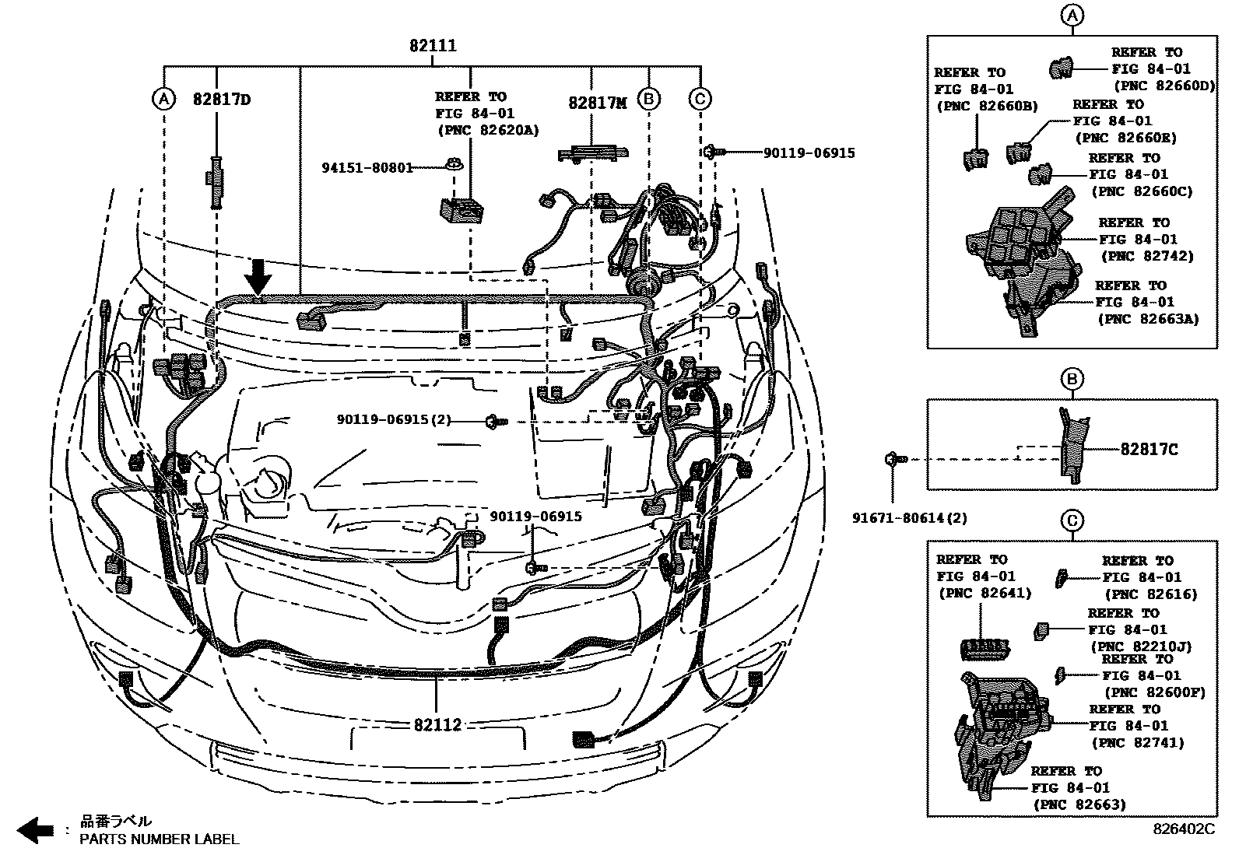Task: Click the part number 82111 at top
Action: (433, 45)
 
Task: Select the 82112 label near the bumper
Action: (437, 724)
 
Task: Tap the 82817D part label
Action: (222, 100)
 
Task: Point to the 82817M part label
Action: (598, 103)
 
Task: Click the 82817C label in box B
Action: (1149, 449)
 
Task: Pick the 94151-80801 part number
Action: (368, 167)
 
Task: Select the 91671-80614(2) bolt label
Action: (910, 518)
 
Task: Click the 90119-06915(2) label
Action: (395, 420)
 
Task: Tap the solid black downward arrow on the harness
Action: (258, 277)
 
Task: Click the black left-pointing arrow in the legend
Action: (35, 830)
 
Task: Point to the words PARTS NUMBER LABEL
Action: (160, 839)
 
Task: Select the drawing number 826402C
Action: (1184, 829)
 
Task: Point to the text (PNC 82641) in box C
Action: (985, 594)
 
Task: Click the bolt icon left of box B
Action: (896, 459)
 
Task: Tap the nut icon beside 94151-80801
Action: (455, 164)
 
